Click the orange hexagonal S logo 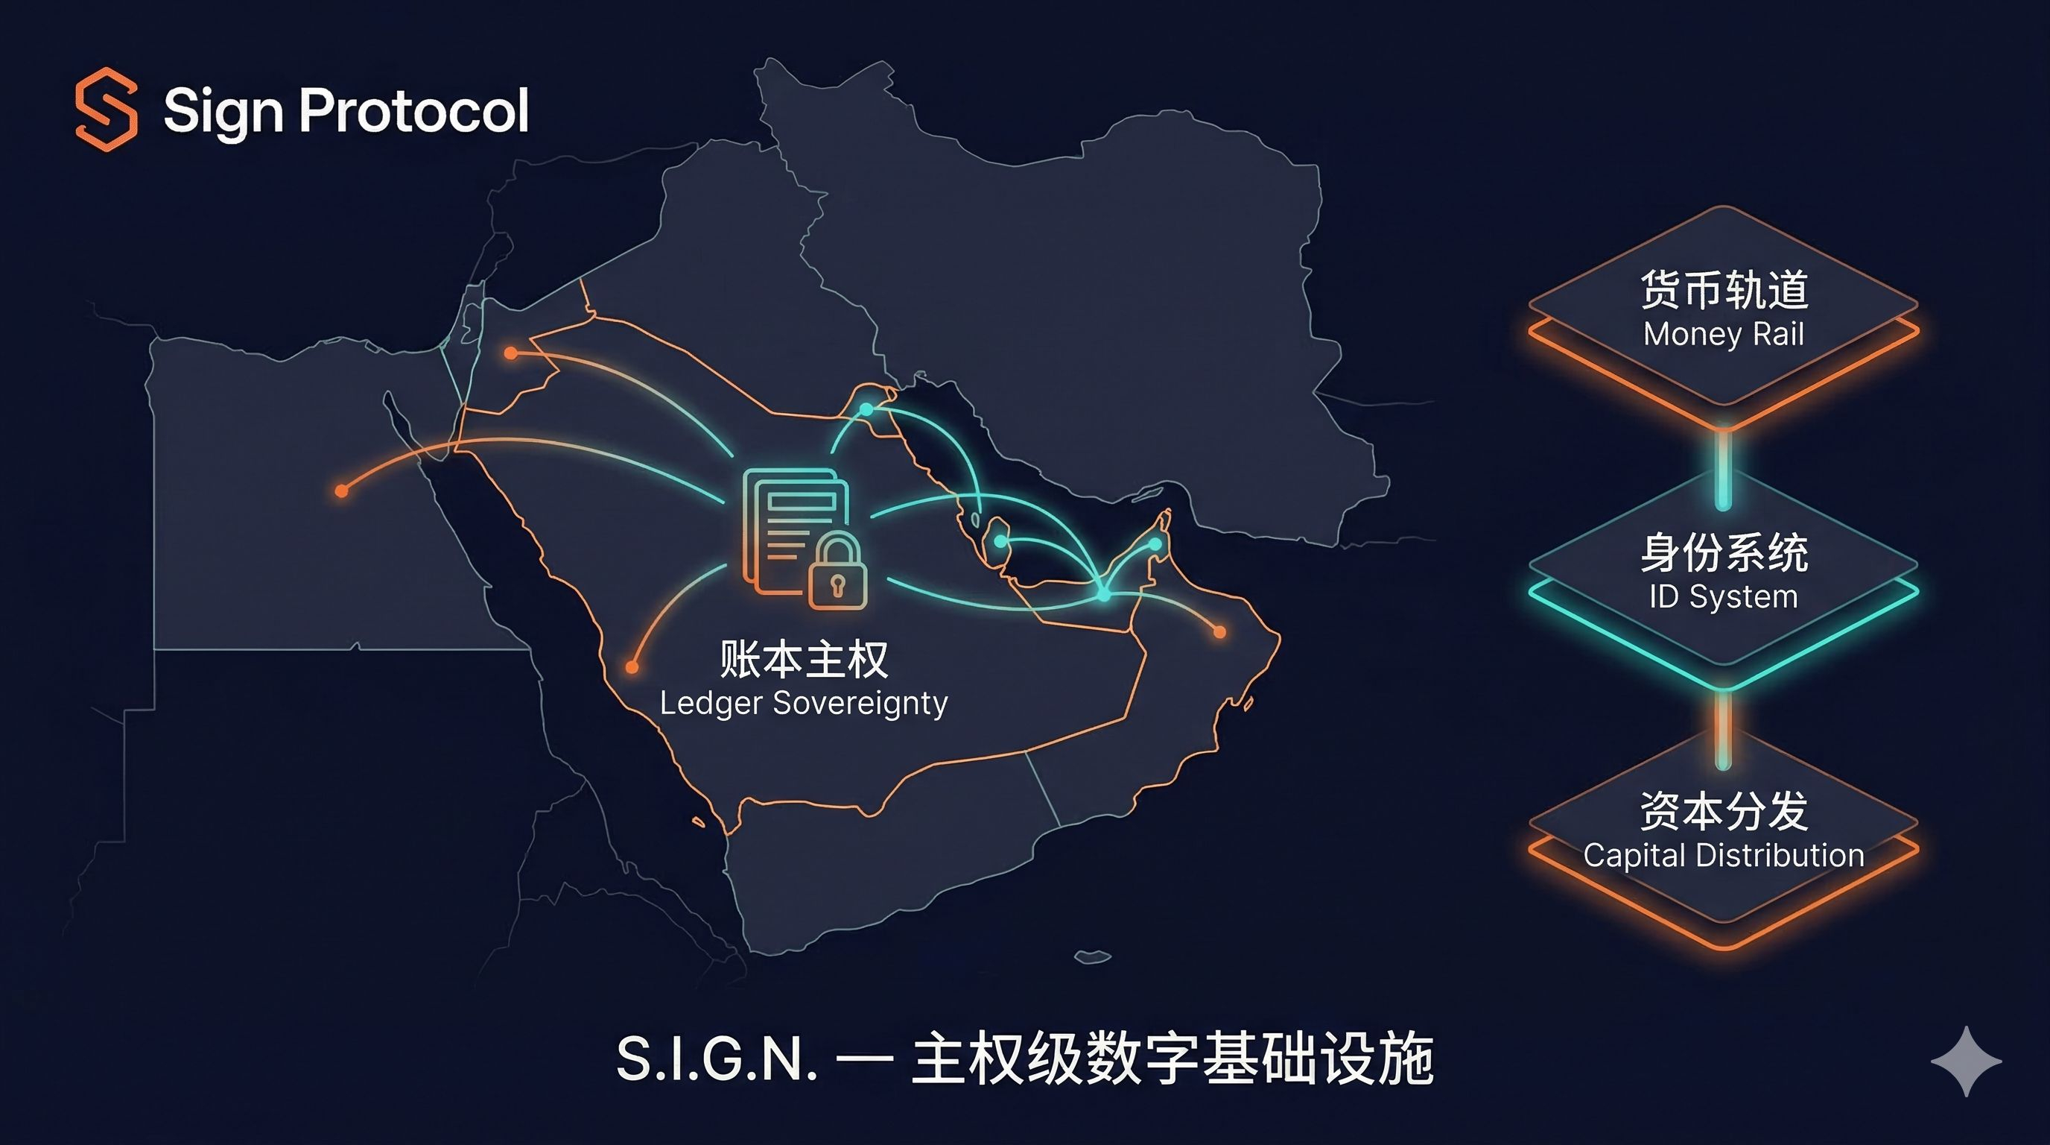(106, 109)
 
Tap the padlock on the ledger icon (837, 572)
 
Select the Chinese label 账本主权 (804, 659)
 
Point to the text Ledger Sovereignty (804, 703)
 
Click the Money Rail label (1724, 335)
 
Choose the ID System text (1724, 596)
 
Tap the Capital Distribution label (1724, 855)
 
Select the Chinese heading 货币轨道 (1724, 290)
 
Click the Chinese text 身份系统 (1724, 552)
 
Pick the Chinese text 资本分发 (1724, 811)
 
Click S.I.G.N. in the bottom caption (716, 1059)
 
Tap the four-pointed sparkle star (1966, 1061)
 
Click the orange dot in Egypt (341, 491)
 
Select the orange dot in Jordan (511, 353)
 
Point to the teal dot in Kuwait (866, 409)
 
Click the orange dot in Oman (1219, 632)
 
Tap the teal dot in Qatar (1000, 541)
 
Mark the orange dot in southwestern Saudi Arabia (632, 666)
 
